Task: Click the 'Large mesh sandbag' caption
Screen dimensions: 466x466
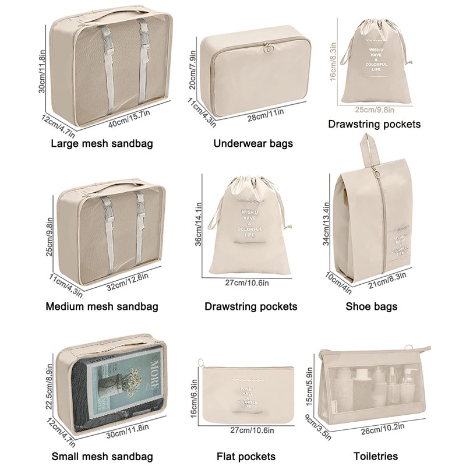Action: pos(102,143)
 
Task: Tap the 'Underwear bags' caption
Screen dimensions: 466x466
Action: pos(253,143)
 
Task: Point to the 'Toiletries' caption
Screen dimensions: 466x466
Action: pos(376,456)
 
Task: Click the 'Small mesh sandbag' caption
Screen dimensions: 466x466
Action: pos(102,456)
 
